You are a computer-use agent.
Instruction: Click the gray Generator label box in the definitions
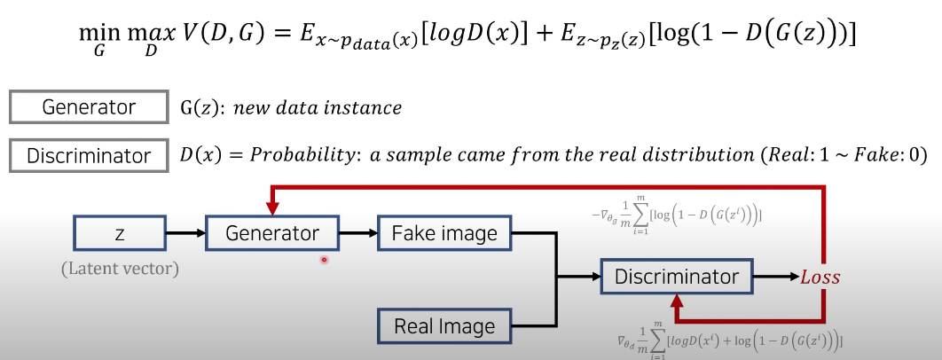click(89, 108)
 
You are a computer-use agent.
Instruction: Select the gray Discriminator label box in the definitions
click(89, 156)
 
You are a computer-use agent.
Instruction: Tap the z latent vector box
click(120, 234)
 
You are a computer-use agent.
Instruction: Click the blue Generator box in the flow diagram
click(272, 234)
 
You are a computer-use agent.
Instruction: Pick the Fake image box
click(444, 234)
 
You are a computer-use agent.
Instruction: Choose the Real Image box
click(444, 325)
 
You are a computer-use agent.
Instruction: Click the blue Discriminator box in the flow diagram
click(677, 277)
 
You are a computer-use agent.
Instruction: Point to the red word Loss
click(820, 278)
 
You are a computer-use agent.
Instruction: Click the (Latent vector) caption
click(120, 268)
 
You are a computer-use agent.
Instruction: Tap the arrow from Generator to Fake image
click(358, 234)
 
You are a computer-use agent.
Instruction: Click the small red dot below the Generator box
click(325, 260)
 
